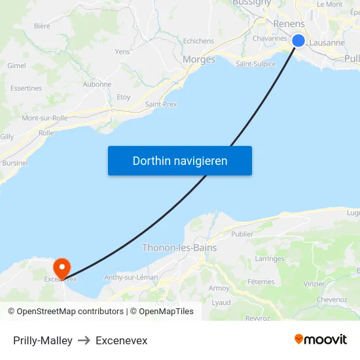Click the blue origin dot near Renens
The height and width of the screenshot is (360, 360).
click(x=298, y=41)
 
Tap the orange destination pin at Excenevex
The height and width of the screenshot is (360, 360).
click(x=62, y=266)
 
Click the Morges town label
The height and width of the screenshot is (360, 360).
click(x=199, y=60)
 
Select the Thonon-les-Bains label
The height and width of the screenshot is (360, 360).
click(x=179, y=248)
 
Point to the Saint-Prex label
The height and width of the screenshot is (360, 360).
click(x=161, y=104)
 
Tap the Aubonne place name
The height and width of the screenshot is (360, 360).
click(x=97, y=84)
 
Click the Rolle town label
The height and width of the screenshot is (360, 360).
click(x=46, y=133)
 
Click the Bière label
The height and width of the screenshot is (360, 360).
click(x=42, y=26)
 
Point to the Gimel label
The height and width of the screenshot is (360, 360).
click(x=16, y=65)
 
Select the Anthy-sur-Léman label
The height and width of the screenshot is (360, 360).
click(x=131, y=278)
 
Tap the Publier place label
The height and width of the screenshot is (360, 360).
click(x=242, y=234)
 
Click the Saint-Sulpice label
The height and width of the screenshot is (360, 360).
click(x=255, y=64)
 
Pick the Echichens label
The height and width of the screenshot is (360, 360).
click(x=198, y=41)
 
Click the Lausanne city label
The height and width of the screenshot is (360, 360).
click(x=327, y=43)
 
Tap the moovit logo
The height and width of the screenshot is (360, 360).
click(x=321, y=339)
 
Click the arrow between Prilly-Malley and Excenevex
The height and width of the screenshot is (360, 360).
click(x=84, y=340)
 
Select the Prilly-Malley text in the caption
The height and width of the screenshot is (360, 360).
click(x=43, y=340)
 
